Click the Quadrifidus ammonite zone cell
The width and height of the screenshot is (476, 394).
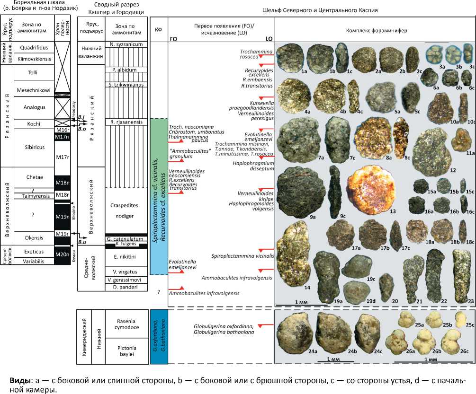point(32,47)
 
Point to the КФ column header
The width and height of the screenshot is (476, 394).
point(159,30)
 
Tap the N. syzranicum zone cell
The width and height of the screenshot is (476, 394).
point(126,46)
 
